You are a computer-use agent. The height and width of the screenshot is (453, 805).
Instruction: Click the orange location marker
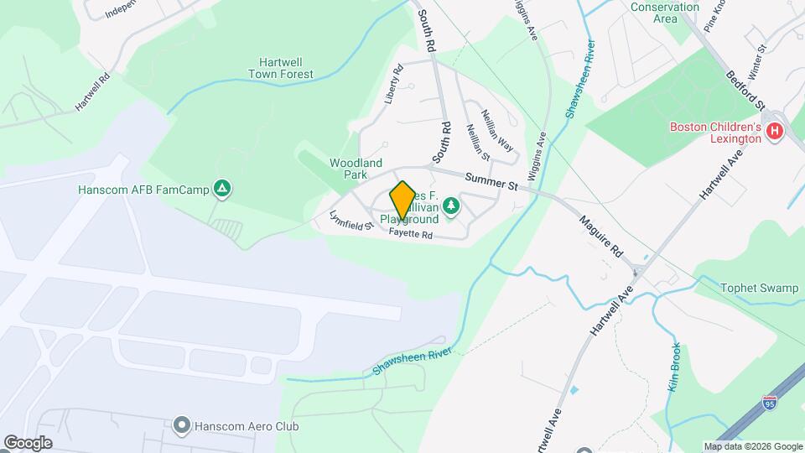pos(402,200)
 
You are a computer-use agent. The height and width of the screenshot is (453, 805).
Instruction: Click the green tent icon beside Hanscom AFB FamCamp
pos(221,189)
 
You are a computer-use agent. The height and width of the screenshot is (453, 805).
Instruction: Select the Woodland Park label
pos(356,169)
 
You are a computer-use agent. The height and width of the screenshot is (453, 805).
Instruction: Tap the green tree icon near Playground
pos(451,206)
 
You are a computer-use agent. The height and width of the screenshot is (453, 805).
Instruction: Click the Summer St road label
pos(488,179)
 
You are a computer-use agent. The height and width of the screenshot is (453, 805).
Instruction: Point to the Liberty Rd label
pos(394,86)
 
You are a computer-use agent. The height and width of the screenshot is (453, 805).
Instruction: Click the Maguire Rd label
pos(602,235)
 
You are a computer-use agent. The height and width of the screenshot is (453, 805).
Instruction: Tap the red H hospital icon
pos(775,133)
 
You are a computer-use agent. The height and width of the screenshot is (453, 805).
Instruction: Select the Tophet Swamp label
pos(759,288)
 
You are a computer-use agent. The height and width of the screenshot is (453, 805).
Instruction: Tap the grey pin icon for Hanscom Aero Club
pos(180,426)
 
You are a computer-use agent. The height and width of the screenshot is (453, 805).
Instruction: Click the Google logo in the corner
pos(28,442)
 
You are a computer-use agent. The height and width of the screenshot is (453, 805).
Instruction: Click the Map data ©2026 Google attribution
pos(753,446)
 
